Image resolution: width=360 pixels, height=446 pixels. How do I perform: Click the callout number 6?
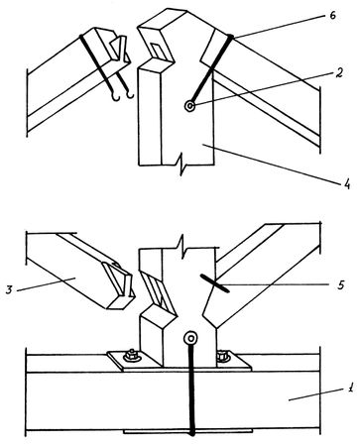coord(332,16)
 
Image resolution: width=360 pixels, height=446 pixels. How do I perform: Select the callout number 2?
coord(337,72)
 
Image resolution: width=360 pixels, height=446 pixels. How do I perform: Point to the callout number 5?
coord(341,284)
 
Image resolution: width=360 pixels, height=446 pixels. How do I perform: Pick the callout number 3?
coord(10,290)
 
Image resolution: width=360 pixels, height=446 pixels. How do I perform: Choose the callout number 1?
coord(351,388)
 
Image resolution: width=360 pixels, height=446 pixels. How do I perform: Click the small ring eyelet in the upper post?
coord(189,106)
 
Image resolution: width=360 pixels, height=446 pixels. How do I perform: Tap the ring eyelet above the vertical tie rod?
coord(191,338)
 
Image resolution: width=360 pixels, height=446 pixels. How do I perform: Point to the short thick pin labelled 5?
coord(214,283)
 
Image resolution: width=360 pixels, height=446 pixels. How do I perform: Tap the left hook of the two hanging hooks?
coord(115,97)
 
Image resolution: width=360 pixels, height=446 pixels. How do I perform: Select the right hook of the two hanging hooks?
coord(130,95)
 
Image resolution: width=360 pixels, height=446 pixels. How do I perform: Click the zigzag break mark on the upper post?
coord(180,165)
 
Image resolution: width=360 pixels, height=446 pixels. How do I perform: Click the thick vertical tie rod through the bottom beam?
coord(191,389)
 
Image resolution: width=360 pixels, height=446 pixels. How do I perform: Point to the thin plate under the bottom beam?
coord(187,431)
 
